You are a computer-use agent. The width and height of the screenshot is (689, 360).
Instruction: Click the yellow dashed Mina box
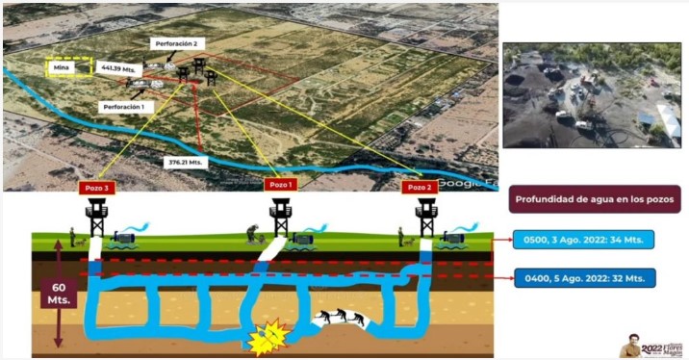pos(68,67)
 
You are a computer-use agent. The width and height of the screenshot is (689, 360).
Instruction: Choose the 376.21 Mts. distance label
pos(183,162)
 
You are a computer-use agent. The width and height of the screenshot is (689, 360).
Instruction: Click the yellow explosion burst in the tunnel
pos(270,336)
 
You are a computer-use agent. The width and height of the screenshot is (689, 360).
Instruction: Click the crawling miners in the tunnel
pos(342,317)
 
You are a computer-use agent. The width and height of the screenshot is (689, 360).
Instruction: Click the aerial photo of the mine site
pos(592,94)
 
